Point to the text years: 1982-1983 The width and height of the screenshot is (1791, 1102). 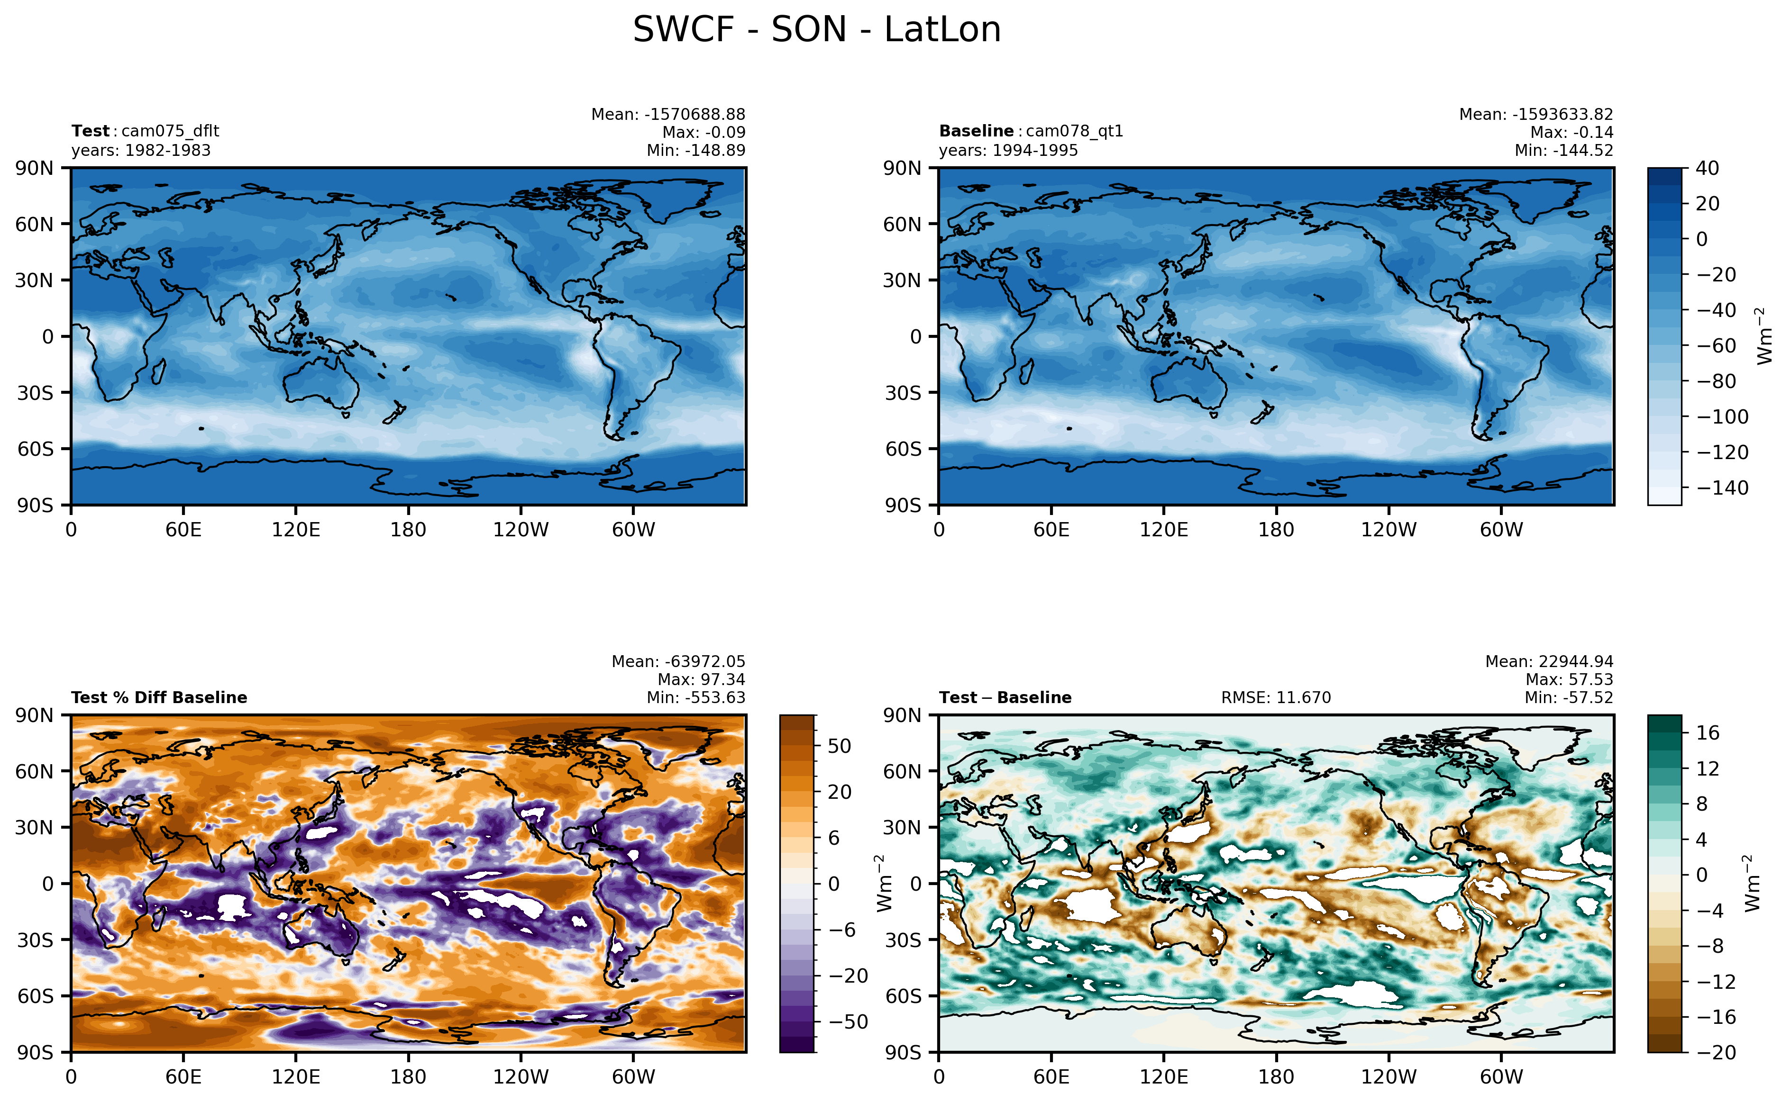[x=141, y=150]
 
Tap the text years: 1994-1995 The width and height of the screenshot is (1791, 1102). [x=1008, y=150]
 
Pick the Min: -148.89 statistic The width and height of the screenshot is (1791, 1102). [x=696, y=150]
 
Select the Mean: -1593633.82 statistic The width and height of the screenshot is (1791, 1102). [x=1536, y=115]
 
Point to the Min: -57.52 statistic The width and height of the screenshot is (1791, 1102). [x=1569, y=697]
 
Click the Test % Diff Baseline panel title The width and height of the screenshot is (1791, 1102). [x=159, y=697]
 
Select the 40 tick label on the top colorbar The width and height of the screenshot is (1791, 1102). [x=1707, y=168]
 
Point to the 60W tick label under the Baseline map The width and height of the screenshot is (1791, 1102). [x=1501, y=530]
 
